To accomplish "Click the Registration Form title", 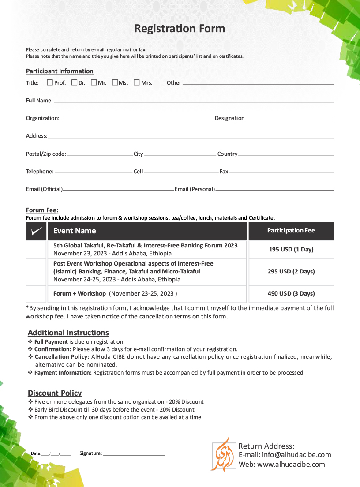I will tap(180, 29).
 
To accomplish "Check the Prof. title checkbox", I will tap(50, 82).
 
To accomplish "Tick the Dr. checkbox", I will tap(74, 82).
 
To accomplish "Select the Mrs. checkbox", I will tap(137, 82).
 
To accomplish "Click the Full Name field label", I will tap(39, 101).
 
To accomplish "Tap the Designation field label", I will tap(229, 118).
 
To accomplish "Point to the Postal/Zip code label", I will tap(46, 154).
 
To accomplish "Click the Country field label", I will tap(227, 154).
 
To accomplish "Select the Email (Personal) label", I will tap(195, 189).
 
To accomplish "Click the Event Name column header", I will tap(75, 231).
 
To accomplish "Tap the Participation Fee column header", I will tap(291, 231).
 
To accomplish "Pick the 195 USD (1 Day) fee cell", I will tap(291, 250).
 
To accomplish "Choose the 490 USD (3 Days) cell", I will tap(291, 294).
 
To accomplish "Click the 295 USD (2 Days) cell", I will tap(291, 272).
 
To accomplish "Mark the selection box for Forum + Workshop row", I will tap(36, 294).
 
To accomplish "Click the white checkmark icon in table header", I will tap(36, 231).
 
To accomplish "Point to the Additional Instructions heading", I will tap(68, 333).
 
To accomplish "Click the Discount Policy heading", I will tap(55, 393).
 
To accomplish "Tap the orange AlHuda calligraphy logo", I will tap(223, 454).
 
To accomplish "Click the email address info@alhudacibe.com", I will tap(296, 455).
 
